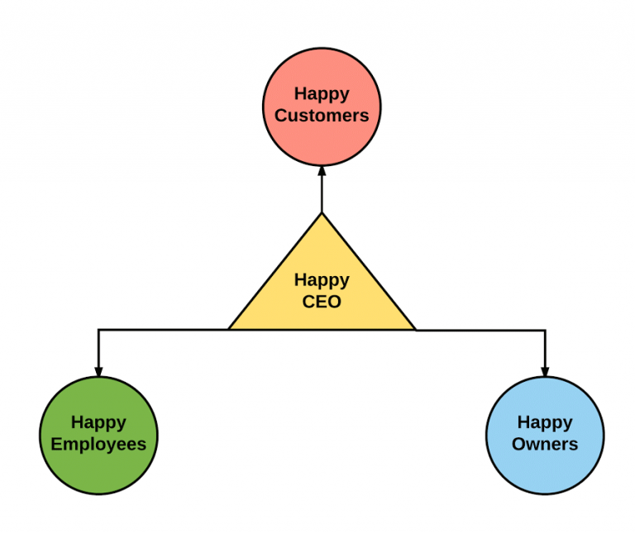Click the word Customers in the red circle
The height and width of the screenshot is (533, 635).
click(x=322, y=116)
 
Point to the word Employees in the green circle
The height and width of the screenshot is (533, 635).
click(x=98, y=444)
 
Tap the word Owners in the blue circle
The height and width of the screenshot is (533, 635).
click(x=545, y=444)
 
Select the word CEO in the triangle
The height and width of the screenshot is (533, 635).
click(x=322, y=302)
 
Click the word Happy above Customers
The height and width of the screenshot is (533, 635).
click(x=322, y=93)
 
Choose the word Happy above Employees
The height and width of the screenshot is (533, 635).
click(x=98, y=422)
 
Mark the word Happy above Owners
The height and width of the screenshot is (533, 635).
click(x=545, y=422)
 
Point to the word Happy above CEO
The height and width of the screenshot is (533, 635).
click(x=322, y=280)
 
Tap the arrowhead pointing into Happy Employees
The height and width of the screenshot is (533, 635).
click(x=98, y=371)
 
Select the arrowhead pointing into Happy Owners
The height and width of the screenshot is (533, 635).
click(x=545, y=371)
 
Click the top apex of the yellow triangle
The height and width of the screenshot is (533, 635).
click(x=322, y=214)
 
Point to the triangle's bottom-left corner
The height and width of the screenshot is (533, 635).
click(x=229, y=330)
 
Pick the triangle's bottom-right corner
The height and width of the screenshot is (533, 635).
click(x=415, y=330)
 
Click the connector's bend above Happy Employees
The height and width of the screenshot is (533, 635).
click(x=98, y=330)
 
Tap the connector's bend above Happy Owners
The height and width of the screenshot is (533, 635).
click(x=545, y=331)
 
